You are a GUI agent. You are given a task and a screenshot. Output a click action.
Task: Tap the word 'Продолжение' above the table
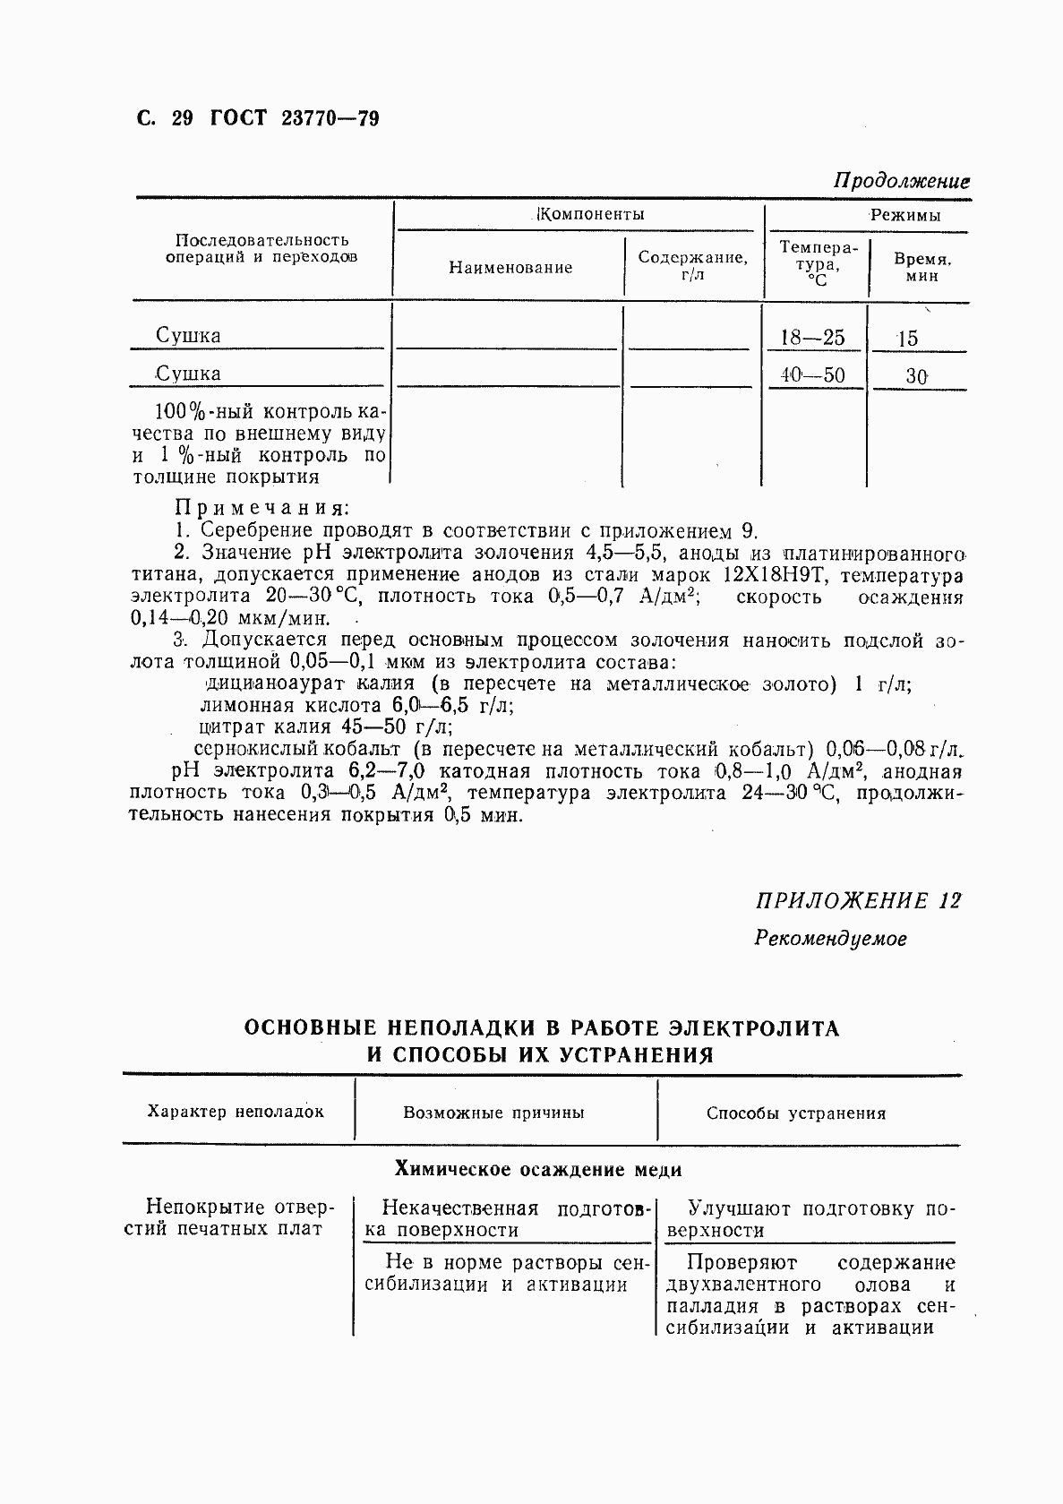(902, 180)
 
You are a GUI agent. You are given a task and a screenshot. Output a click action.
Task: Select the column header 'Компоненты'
(590, 214)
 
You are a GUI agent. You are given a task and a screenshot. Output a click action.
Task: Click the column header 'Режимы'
(905, 215)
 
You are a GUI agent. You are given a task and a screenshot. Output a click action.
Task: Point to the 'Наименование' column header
(510, 267)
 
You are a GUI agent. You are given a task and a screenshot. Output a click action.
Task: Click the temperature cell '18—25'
(812, 338)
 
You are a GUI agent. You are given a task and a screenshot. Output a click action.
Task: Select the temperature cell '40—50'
(812, 374)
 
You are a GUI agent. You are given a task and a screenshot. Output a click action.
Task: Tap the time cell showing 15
(907, 339)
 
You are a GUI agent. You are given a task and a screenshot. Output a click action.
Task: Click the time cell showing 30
(915, 376)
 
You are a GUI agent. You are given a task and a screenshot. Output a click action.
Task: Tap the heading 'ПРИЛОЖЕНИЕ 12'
(858, 900)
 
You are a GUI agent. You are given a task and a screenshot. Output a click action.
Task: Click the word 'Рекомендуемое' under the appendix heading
(830, 939)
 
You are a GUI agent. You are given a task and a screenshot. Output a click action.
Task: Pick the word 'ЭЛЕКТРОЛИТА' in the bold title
(756, 1027)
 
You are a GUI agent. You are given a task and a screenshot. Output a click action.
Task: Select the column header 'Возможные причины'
(493, 1113)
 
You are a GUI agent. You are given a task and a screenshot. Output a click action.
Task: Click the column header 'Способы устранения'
(795, 1113)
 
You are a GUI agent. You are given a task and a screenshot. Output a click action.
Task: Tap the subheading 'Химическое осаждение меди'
(538, 1169)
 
